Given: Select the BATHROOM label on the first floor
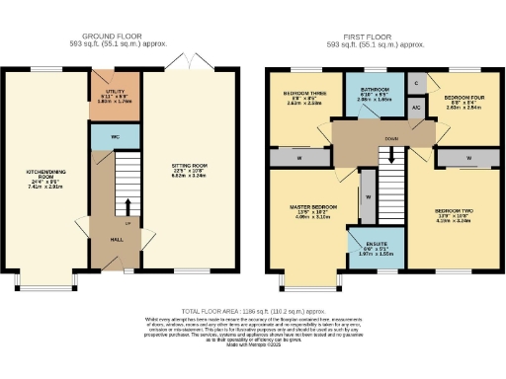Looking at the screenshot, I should [x=374, y=95].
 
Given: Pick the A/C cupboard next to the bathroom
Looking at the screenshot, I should [x=417, y=108].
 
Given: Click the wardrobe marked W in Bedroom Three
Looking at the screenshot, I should [x=298, y=157].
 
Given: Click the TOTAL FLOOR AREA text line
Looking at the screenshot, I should [x=253, y=309].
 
